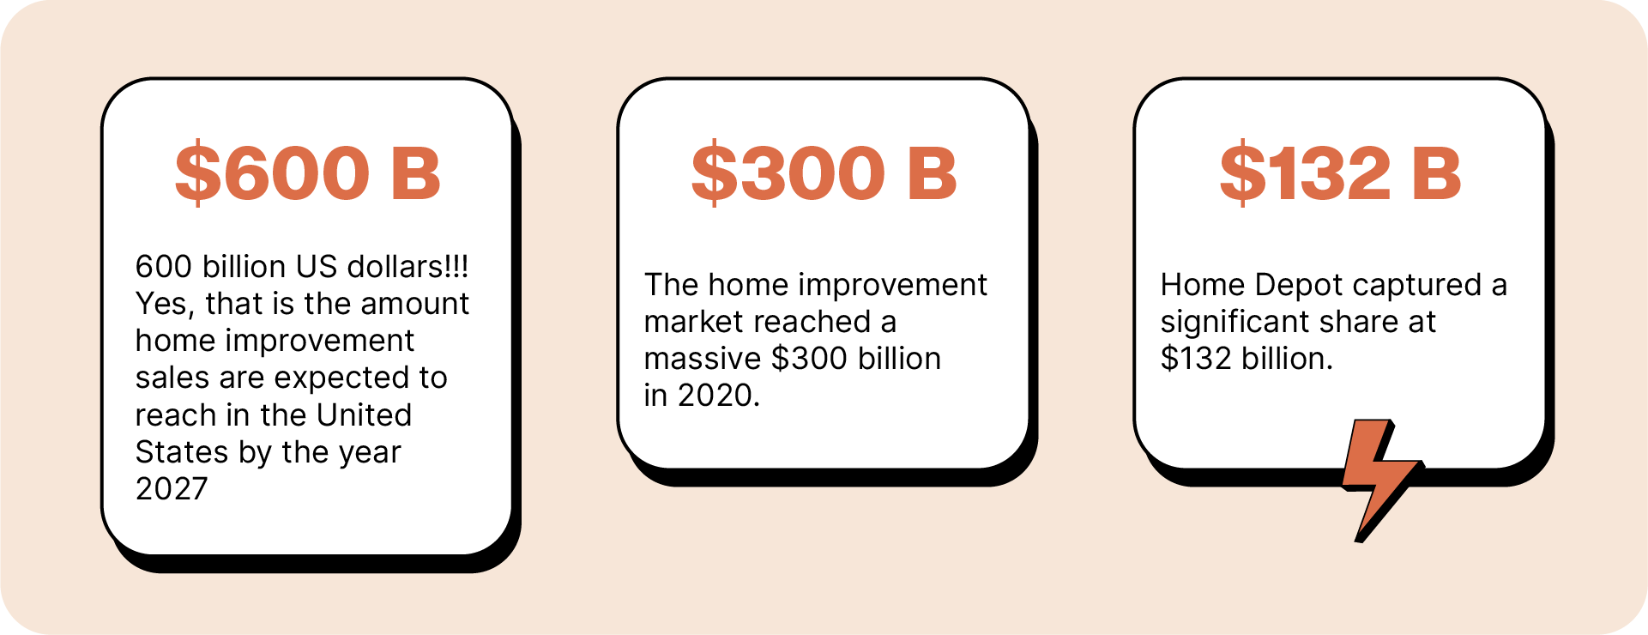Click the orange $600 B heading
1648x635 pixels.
click(x=308, y=173)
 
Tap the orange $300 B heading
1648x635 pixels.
click(x=824, y=173)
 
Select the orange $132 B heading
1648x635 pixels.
click(x=1340, y=173)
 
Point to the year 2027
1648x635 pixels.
click(x=172, y=488)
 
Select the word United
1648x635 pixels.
click(x=365, y=414)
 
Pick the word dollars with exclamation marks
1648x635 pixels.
click(x=407, y=266)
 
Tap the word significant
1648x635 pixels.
click(x=1235, y=323)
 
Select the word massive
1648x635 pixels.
click(x=703, y=358)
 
